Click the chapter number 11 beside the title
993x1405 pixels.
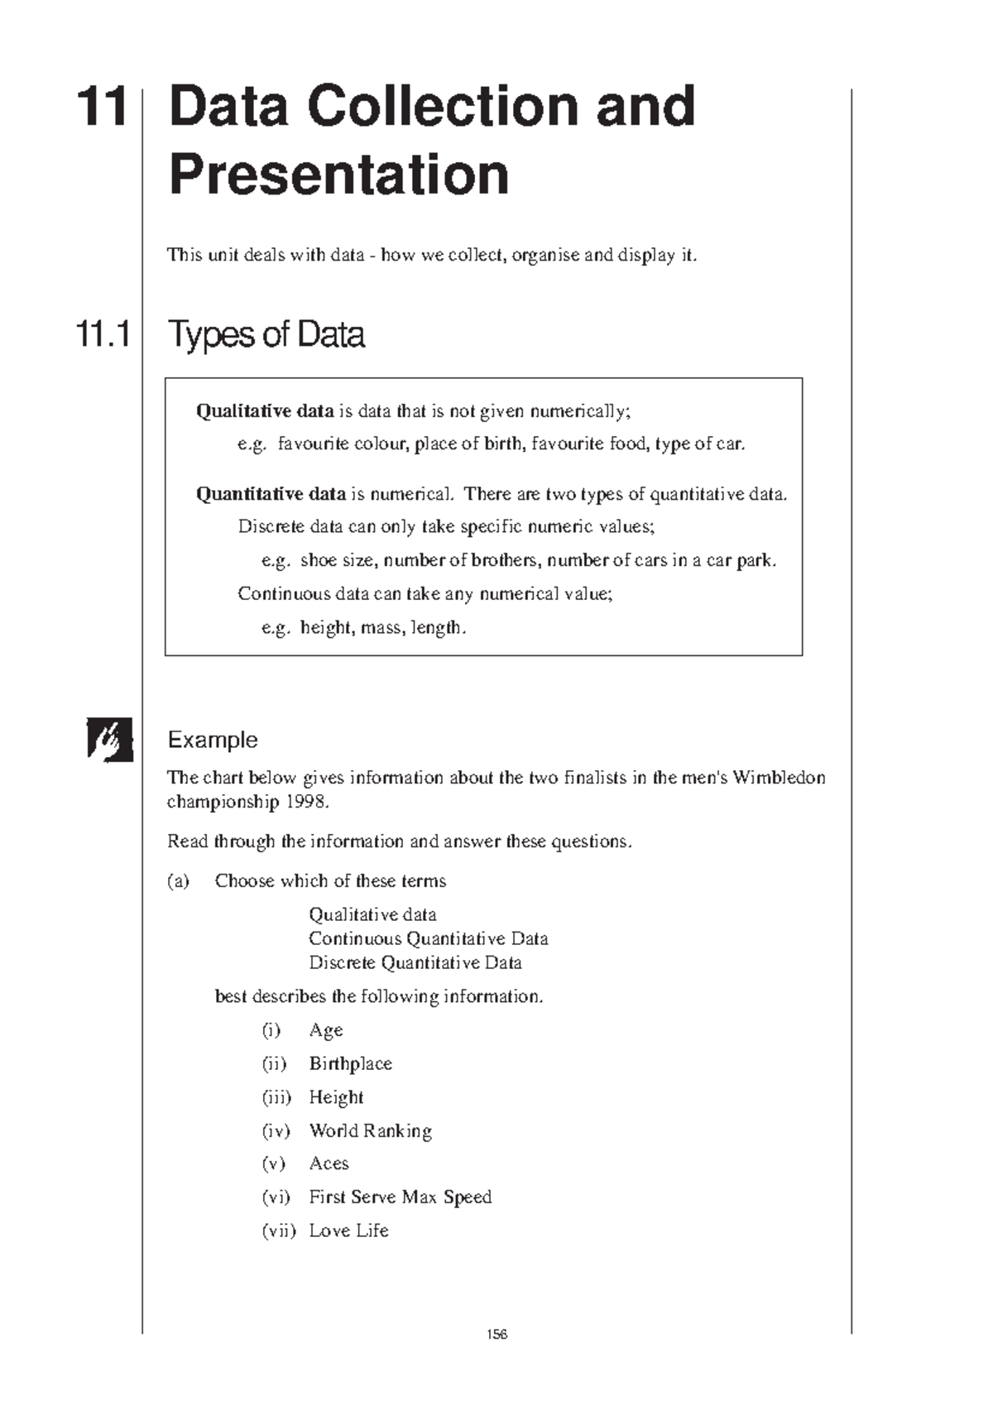(x=103, y=107)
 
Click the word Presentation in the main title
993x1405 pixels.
(x=338, y=175)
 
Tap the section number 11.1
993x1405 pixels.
(x=103, y=334)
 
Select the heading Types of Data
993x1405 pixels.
(x=266, y=334)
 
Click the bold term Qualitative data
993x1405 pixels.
(x=264, y=411)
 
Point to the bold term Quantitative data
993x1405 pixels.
(x=271, y=494)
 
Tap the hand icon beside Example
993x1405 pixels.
(x=110, y=739)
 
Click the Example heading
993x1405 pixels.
(x=213, y=740)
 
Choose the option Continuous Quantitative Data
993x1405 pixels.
(x=428, y=938)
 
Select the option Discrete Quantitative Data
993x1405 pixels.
(x=415, y=962)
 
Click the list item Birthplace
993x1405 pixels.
(x=350, y=1063)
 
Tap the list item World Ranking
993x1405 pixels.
(x=370, y=1130)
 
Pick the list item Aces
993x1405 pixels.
(x=329, y=1163)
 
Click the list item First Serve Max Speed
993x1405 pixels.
(x=400, y=1196)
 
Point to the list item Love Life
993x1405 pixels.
(x=348, y=1230)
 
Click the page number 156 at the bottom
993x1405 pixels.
(x=496, y=1334)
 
